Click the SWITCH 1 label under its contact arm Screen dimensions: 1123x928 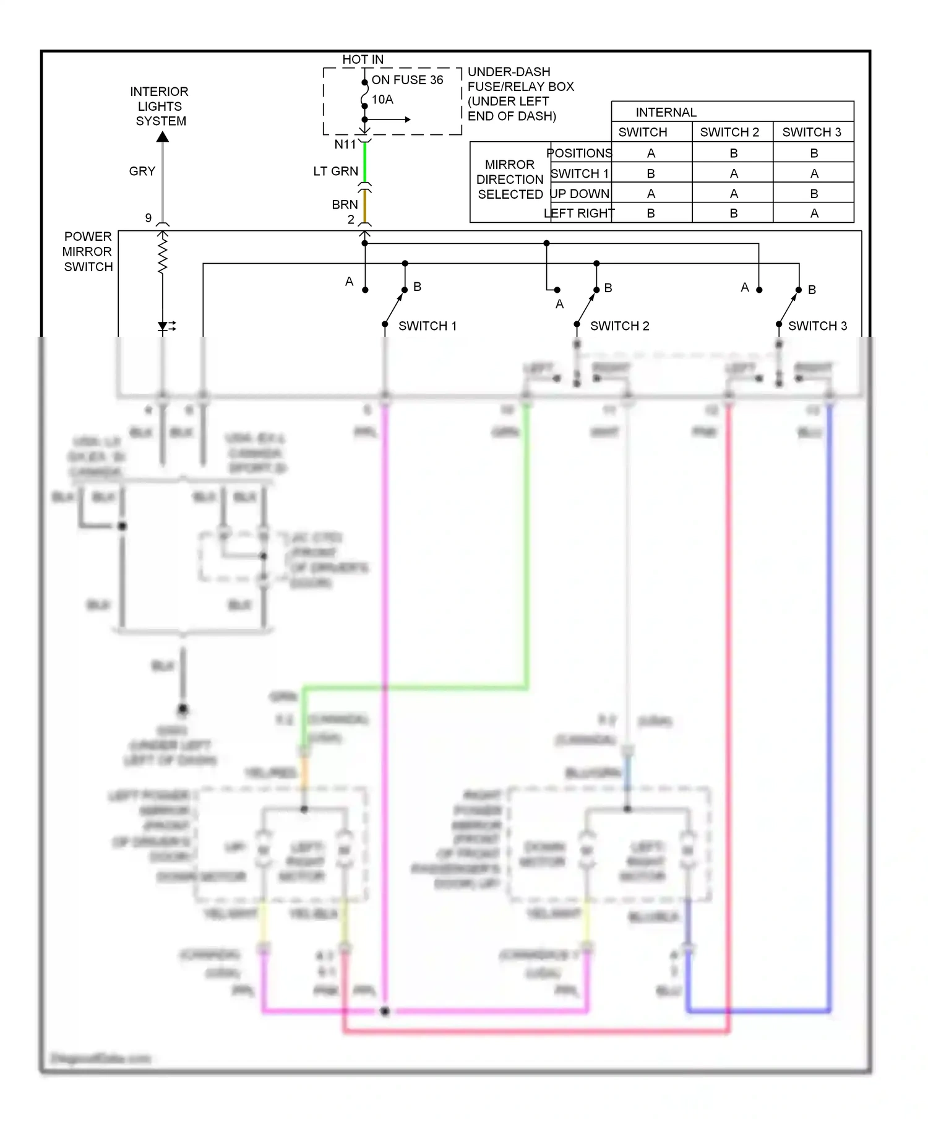coord(427,326)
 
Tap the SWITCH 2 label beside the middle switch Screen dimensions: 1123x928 coord(619,326)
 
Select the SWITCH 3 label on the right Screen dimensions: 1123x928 coord(817,326)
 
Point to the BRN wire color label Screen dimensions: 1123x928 coord(345,204)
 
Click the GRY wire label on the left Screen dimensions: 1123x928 coord(142,171)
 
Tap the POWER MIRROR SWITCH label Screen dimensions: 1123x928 coord(88,251)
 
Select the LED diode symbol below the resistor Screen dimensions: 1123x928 coord(163,326)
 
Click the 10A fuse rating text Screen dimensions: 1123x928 coord(382,100)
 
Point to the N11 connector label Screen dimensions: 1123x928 coord(345,144)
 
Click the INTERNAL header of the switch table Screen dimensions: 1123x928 coord(666,112)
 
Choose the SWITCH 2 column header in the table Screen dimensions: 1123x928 coord(729,132)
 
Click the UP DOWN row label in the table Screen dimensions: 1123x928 coord(580,193)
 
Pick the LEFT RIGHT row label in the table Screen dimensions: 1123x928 coord(579,213)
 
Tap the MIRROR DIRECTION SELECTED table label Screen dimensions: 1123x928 coord(509,180)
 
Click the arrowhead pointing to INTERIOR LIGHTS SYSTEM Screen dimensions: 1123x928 coord(163,137)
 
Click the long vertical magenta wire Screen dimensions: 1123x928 coord(385,681)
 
